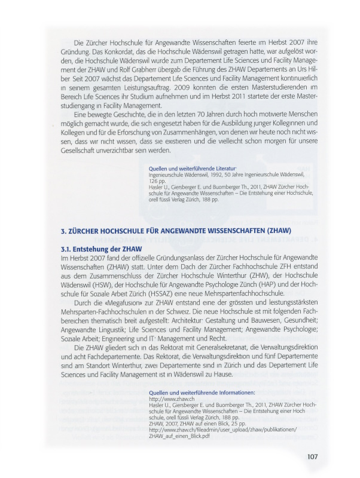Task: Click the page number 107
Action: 312,457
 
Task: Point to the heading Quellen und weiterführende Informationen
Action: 197,393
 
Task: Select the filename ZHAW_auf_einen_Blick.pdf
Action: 179,436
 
